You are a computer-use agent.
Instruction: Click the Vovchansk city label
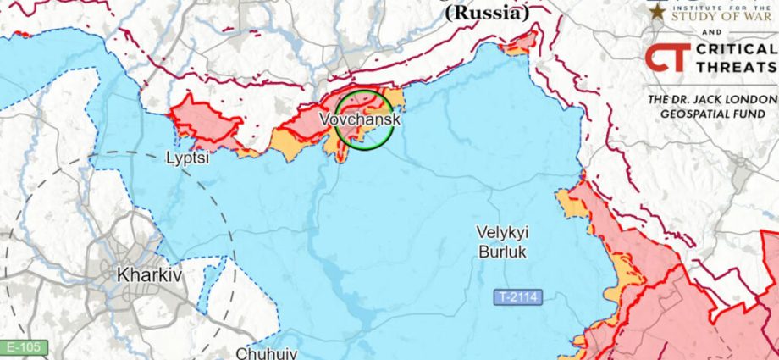tap(360, 120)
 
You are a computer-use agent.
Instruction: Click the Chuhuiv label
tap(267, 352)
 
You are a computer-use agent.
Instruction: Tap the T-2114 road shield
tap(517, 297)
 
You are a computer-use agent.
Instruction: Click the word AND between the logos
tap(712, 33)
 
